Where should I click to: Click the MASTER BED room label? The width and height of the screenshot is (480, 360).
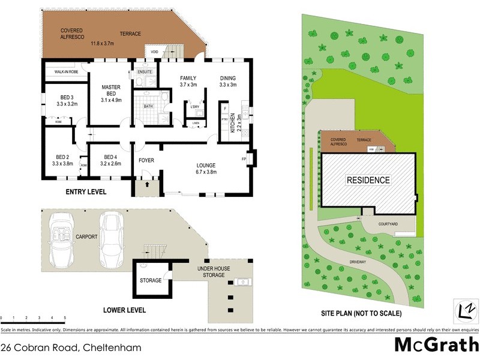(112, 87)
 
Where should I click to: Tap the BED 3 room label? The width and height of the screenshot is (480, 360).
(67, 97)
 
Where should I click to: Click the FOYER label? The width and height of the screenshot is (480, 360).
(146, 161)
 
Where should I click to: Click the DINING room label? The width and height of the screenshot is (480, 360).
(228, 78)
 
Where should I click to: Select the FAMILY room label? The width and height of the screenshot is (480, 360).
(188, 78)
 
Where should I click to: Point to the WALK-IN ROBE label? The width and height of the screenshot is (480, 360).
(66, 71)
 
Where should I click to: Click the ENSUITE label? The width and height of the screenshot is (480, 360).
(145, 72)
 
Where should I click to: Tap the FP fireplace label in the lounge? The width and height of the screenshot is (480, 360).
(244, 160)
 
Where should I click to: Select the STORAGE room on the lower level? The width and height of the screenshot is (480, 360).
(151, 280)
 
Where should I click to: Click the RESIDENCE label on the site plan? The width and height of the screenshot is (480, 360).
(368, 179)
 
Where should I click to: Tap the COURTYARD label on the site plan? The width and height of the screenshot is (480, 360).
(388, 224)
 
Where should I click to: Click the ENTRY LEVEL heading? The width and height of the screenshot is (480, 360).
(86, 192)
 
